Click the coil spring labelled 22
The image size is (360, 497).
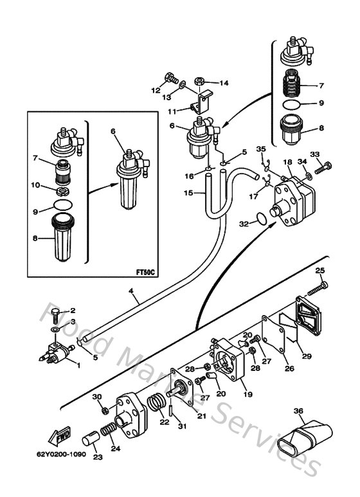[156, 407]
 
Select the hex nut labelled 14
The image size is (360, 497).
[200, 83]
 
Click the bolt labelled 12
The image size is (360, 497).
[172, 80]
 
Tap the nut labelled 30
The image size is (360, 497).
[104, 410]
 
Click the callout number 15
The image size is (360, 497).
[188, 192]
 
